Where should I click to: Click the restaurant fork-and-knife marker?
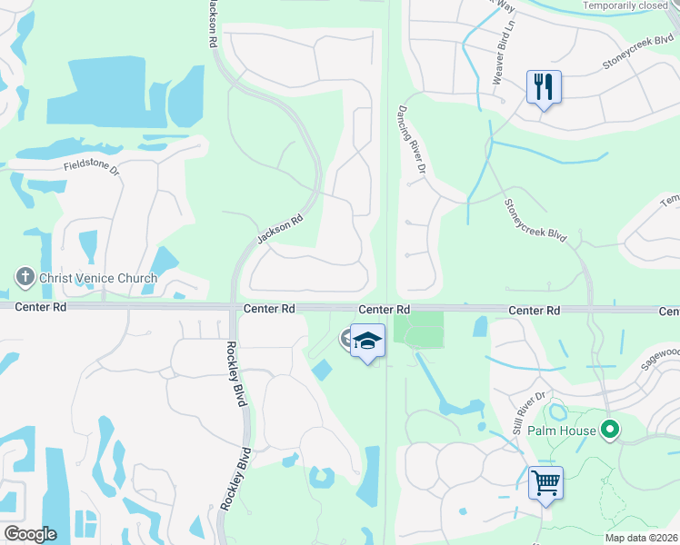[x=544, y=88]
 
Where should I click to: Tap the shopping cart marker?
[x=545, y=483]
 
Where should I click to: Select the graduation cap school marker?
[x=367, y=342]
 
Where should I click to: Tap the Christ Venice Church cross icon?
[x=24, y=276]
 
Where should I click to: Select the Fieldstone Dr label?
[x=92, y=165]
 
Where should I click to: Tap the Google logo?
[x=30, y=533]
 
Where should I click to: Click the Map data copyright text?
[x=641, y=538]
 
